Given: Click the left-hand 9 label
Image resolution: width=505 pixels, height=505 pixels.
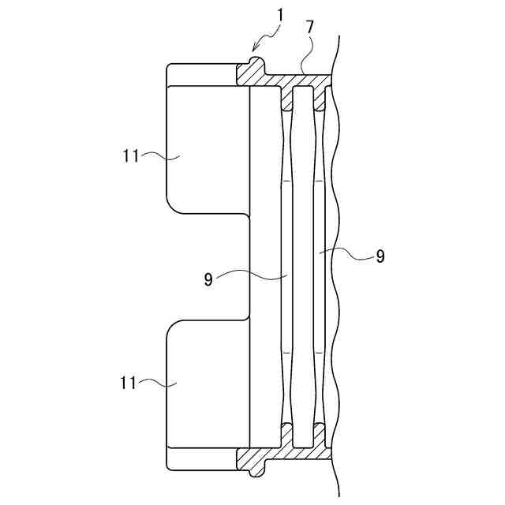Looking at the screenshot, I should click(208, 279).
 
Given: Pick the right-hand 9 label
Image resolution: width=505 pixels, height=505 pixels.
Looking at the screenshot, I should click(380, 256).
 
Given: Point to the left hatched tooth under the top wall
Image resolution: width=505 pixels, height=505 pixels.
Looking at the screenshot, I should click(287, 100).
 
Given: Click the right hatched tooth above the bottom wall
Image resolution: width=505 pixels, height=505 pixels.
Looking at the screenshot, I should click(319, 432).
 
